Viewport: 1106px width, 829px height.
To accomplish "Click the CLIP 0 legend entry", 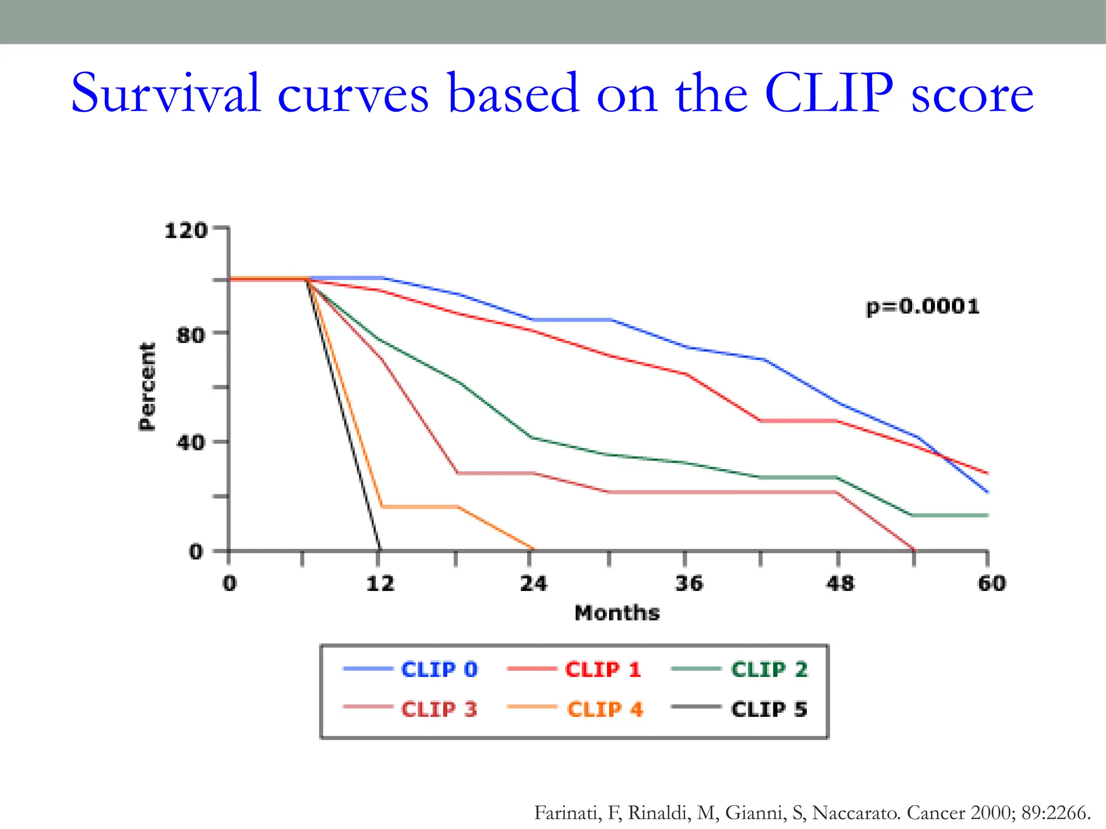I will [439, 669].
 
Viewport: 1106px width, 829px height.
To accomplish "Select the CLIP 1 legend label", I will [602, 669].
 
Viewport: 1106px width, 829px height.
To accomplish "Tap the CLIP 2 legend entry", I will [768, 669].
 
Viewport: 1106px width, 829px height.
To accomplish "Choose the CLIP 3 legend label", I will [439, 709].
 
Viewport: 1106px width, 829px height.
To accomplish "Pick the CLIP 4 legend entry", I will [604, 709].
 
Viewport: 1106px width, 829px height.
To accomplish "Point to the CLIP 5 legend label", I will [768, 709].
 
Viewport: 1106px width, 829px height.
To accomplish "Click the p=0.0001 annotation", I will [922, 307].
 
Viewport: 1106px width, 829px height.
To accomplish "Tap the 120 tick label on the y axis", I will [186, 231].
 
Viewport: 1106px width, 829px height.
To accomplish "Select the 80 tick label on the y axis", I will [191, 335].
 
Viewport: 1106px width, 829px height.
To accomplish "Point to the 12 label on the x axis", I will [380, 583].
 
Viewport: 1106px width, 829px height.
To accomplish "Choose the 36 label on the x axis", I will [689, 583].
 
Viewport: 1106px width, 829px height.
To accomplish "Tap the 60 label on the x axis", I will [992, 583].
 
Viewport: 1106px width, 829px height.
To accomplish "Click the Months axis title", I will [617, 613].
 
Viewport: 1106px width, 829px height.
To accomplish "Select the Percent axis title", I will [147, 386].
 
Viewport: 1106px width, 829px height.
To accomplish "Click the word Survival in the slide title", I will [165, 94].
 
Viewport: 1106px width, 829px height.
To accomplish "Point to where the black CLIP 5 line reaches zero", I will [380, 549].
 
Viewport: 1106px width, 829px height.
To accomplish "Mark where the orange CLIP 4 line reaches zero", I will [532, 549].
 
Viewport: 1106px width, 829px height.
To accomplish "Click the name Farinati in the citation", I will [567, 812].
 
